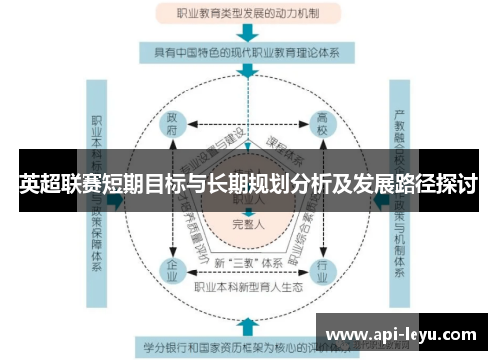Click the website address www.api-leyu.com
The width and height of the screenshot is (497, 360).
pos(402,333)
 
